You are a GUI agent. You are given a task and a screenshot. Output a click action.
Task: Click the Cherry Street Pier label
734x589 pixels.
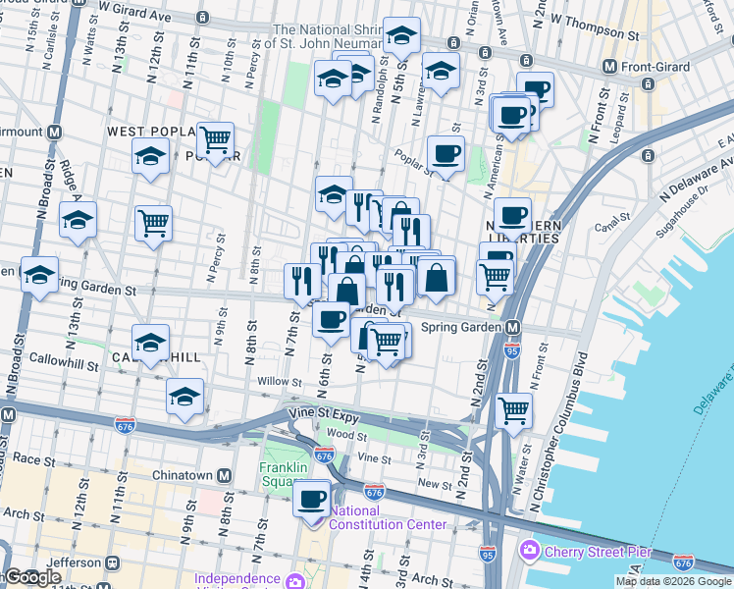(578, 549)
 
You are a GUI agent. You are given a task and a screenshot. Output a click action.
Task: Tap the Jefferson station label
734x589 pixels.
(74, 562)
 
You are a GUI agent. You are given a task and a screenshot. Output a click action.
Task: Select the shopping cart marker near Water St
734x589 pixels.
(514, 410)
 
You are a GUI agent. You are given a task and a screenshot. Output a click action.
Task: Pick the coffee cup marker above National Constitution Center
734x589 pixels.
(312, 498)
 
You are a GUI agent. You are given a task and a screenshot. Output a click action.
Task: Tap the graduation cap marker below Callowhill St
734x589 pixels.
(184, 397)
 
